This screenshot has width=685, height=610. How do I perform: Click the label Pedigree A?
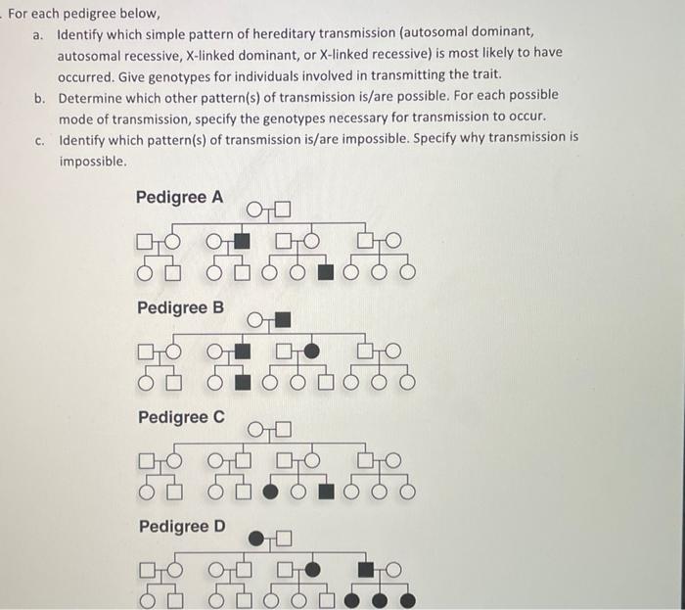point(179,197)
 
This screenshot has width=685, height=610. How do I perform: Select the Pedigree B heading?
point(179,307)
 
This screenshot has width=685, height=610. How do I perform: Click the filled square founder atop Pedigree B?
point(283,318)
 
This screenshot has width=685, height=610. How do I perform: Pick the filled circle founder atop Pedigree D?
point(256,538)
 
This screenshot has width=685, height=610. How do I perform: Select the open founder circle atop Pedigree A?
point(255,209)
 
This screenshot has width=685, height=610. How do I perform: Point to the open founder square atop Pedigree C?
point(283,428)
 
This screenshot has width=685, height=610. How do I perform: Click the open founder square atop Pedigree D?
point(283,538)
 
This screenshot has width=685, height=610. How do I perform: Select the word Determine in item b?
point(93,95)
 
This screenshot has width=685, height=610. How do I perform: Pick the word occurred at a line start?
point(84,74)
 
